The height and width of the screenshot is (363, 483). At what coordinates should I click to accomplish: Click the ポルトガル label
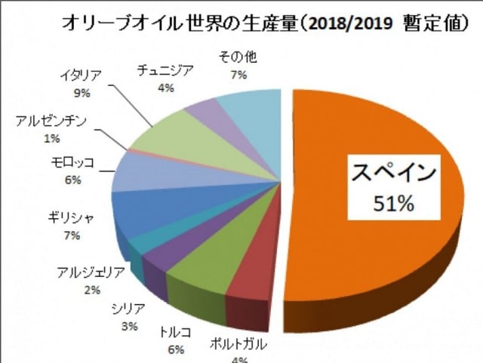click(x=241, y=348)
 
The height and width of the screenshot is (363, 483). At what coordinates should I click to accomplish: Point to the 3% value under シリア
click(x=129, y=327)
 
